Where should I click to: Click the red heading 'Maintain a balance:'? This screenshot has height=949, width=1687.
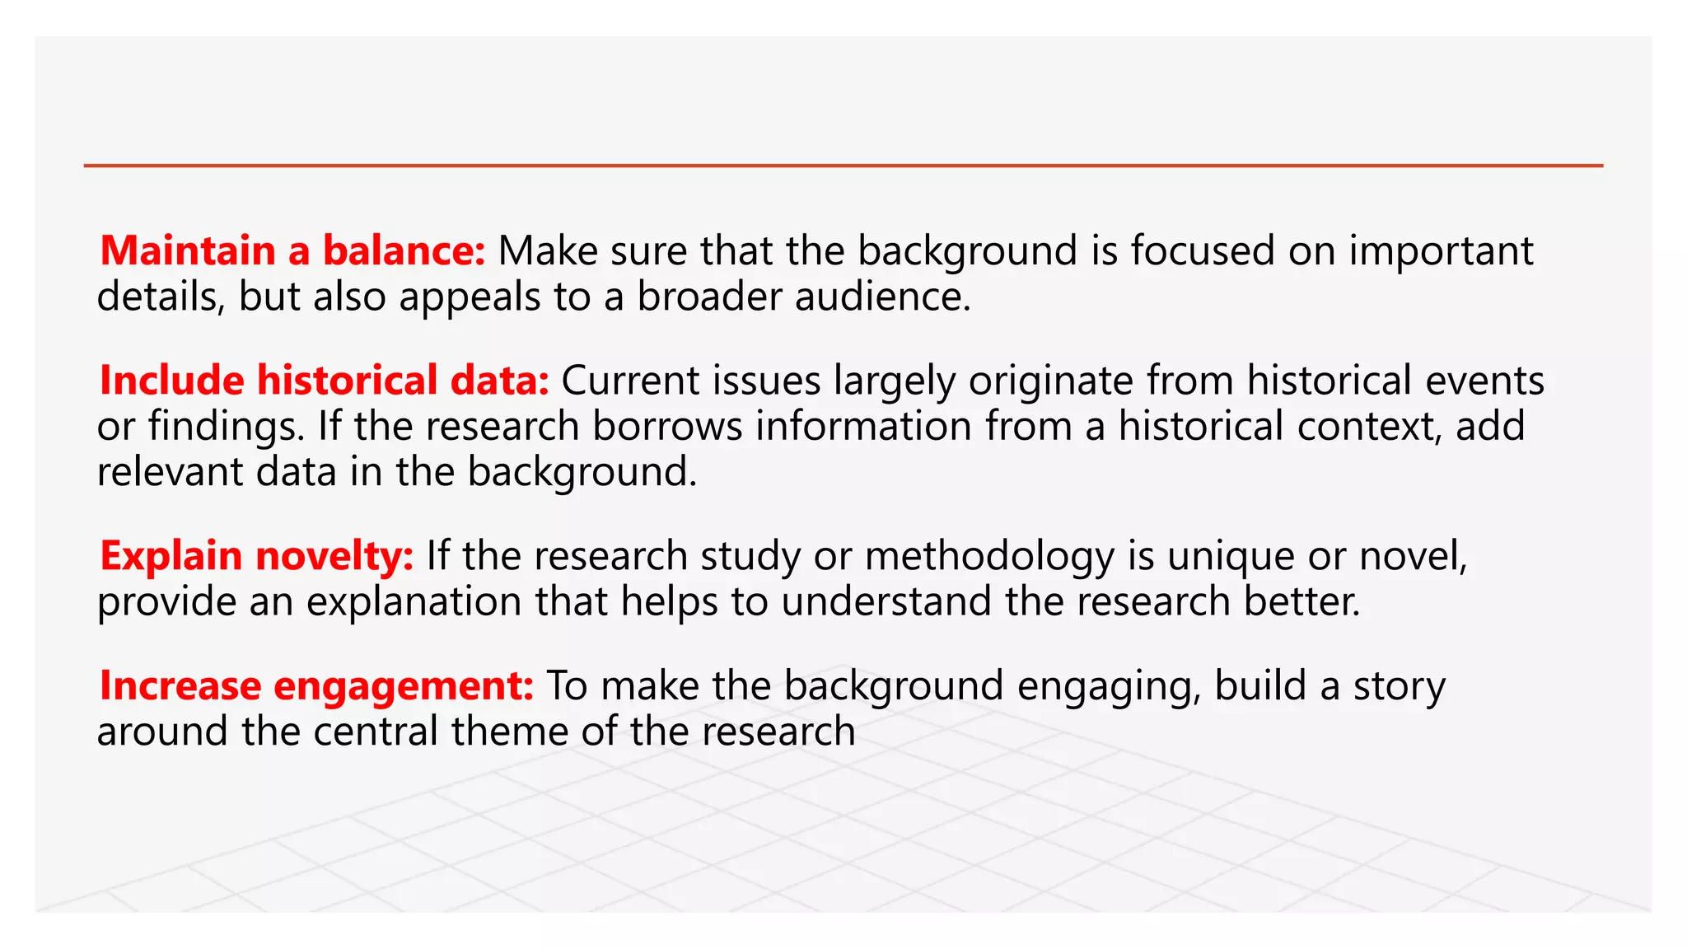[x=292, y=250]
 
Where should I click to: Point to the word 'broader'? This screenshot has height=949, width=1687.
[x=709, y=297]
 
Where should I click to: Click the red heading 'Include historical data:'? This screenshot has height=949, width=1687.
[x=324, y=381]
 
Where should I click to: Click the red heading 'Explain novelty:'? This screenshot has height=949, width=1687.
[x=256, y=556]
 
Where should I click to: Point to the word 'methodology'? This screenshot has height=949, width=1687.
[x=989, y=556]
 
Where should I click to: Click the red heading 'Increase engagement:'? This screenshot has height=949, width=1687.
[x=317, y=686]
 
